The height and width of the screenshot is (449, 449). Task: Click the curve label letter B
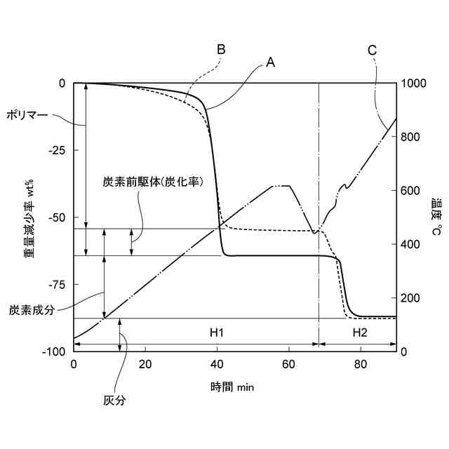point(221,50)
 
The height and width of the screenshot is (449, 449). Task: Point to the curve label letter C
point(373,50)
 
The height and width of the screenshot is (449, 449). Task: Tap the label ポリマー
point(27,113)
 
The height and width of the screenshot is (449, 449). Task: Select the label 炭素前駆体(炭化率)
point(153,181)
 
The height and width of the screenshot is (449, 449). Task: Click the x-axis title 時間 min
point(232,387)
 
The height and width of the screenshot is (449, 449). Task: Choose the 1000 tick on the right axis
point(414,83)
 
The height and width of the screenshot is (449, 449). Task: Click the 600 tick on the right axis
point(411,191)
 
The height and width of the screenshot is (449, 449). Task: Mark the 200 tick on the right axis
point(411,298)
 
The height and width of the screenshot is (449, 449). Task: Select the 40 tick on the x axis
point(217,364)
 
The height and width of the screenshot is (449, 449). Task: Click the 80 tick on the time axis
point(360,364)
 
